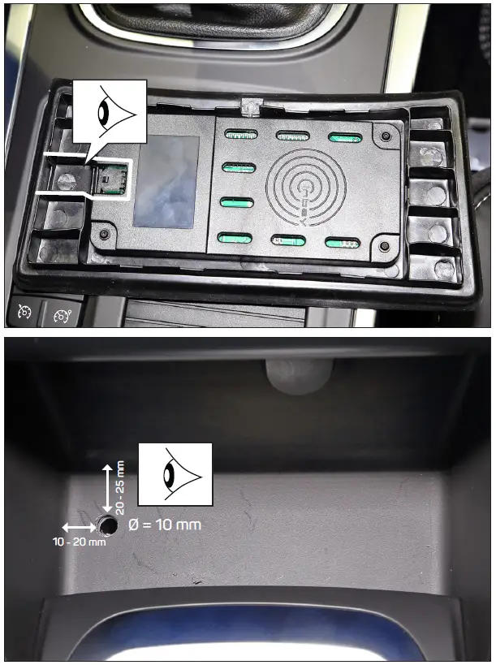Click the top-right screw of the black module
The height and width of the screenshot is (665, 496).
[386, 134]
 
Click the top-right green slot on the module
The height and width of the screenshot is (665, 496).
[343, 136]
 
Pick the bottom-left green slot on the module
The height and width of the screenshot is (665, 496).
[235, 238]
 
